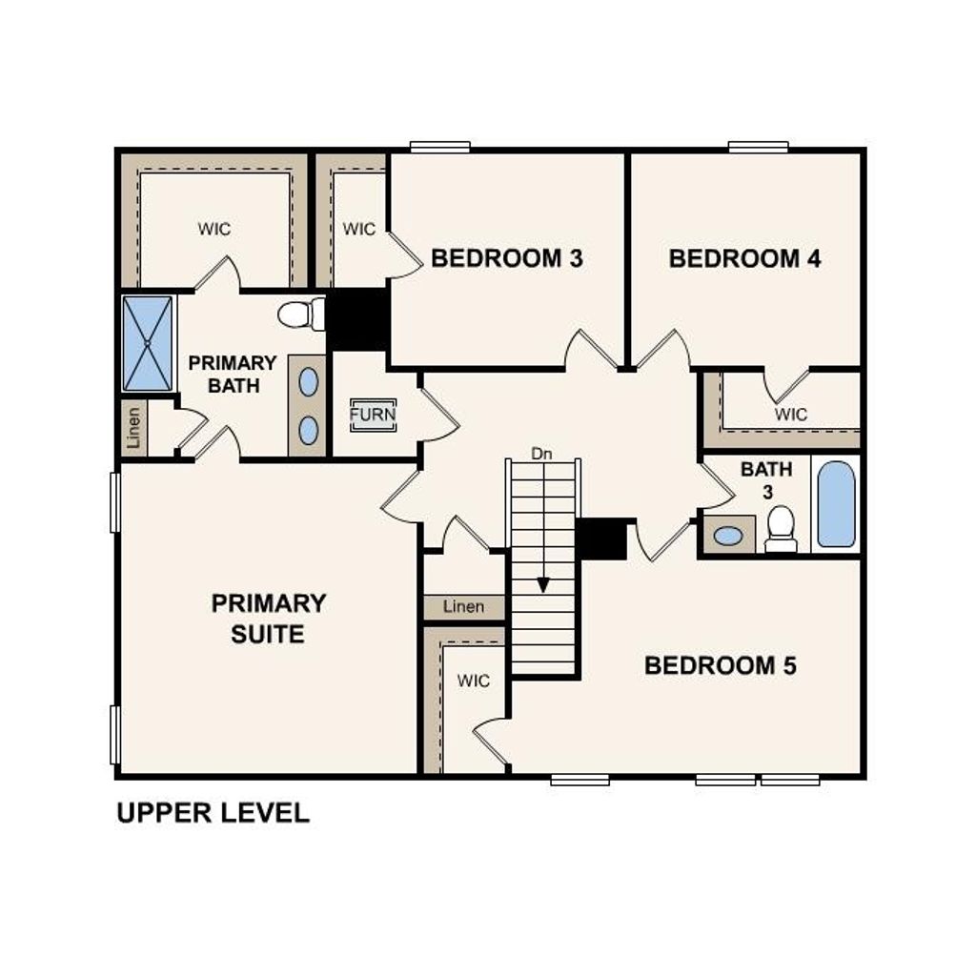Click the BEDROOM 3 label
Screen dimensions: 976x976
coord(506,258)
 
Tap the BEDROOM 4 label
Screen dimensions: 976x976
coord(744,258)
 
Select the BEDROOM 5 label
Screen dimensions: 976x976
coord(720,665)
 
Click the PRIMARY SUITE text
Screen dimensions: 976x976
coord(268,619)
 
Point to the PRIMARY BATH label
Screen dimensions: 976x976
coord(232,374)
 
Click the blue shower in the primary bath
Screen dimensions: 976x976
coord(148,343)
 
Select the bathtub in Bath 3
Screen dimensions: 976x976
coord(836,504)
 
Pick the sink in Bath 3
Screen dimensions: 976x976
coord(728,536)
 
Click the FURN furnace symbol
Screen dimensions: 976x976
coord(372,416)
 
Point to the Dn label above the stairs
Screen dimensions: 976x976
coord(541,454)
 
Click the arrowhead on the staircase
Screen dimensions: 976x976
coord(542,584)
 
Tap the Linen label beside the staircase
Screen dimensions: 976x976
coord(463,606)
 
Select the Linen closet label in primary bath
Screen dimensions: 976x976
coord(134,428)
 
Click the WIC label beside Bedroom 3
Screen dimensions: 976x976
coord(359,229)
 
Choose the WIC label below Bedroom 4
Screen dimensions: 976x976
coord(790,415)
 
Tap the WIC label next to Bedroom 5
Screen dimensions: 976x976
coord(473,681)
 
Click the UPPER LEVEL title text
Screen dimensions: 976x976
coord(213,813)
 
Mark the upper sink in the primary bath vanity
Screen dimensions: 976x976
coord(308,382)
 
